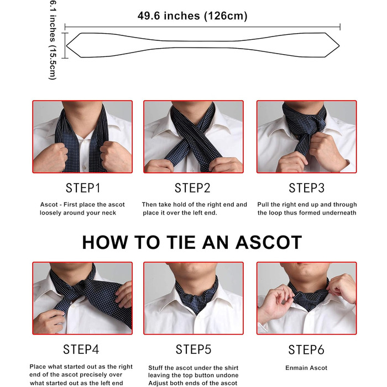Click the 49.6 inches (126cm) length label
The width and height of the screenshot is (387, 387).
pos(192,16)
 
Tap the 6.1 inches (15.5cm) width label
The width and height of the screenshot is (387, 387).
pos(53,40)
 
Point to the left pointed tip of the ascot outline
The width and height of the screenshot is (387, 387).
pos(66,45)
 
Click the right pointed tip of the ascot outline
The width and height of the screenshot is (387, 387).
pos(339,46)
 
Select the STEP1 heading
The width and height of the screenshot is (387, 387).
pos(83,188)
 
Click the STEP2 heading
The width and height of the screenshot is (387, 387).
pos(192,188)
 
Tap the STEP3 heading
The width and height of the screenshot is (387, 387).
pos(306,188)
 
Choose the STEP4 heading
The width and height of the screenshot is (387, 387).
pos(81,349)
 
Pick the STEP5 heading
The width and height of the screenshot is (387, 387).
pos(193,349)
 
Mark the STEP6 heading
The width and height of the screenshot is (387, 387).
pos(306,349)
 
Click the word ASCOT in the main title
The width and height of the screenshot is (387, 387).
pos(269,242)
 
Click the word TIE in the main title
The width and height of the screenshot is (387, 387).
pos(181,242)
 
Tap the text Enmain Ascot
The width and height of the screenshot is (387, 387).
pos(306,368)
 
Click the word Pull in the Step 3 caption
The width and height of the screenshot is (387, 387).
pos(263,205)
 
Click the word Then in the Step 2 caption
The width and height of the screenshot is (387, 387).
pos(149,205)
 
